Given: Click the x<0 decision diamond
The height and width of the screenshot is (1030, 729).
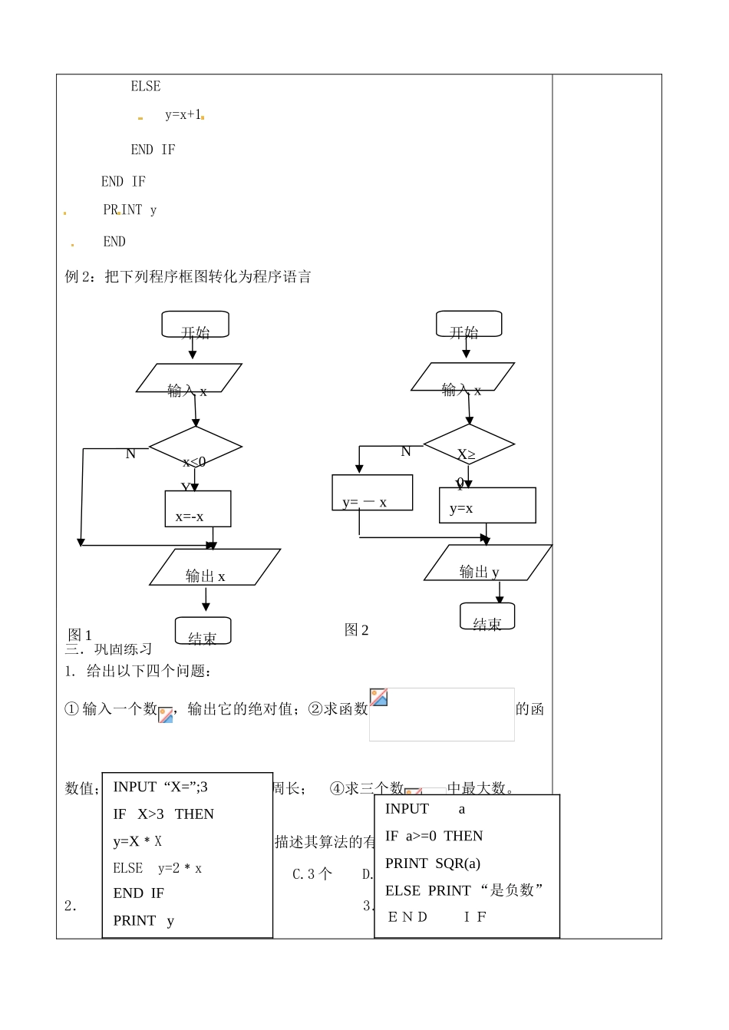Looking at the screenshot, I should pyautogui.click(x=195, y=447).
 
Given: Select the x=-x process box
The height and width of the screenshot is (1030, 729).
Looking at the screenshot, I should pyautogui.click(x=197, y=509).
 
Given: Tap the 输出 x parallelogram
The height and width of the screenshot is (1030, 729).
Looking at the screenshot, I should pyautogui.click(x=214, y=567).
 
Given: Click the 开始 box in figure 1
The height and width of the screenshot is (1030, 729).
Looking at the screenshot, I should pyautogui.click(x=195, y=325).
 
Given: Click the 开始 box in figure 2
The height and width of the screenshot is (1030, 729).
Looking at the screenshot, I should pyautogui.click(x=468, y=324).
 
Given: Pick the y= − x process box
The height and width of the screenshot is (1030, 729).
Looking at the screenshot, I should pyautogui.click(x=371, y=493).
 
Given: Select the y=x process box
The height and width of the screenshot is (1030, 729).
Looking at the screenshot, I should pyautogui.click(x=487, y=505).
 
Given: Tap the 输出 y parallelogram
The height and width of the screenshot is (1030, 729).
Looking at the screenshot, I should pyautogui.click(x=487, y=563).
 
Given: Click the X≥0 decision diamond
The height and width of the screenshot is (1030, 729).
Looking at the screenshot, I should pyautogui.click(x=468, y=444).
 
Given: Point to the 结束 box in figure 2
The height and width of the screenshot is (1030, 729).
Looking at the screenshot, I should pyautogui.click(x=487, y=616).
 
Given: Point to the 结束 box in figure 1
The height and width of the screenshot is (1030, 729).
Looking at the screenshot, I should pyautogui.click(x=203, y=631).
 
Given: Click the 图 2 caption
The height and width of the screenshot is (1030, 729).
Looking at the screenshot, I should pyautogui.click(x=357, y=630).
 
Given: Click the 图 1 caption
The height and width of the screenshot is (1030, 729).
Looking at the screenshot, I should pyautogui.click(x=80, y=635).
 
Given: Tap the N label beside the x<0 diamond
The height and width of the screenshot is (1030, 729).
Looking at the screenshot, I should pyautogui.click(x=130, y=454).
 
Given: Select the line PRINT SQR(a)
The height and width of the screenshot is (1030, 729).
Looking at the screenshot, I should pyautogui.click(x=432, y=863).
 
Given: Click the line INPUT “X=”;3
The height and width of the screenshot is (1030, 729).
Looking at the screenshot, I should pyautogui.click(x=160, y=787).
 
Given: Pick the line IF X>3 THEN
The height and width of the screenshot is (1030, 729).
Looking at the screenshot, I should pyautogui.click(x=163, y=814).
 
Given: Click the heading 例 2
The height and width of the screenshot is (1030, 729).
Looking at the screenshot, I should pyautogui.click(x=188, y=277).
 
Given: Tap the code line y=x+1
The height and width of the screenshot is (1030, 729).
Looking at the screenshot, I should pyautogui.click(x=183, y=115).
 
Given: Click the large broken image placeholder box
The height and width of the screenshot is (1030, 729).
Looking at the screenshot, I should pyautogui.click(x=442, y=715).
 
